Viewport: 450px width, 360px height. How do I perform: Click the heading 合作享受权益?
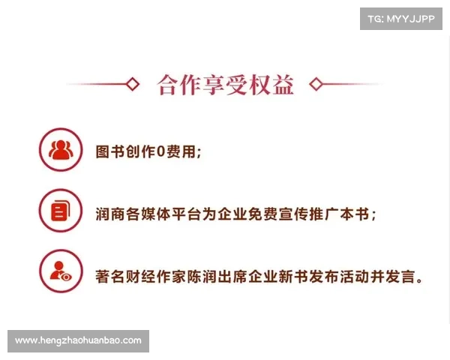click(225, 84)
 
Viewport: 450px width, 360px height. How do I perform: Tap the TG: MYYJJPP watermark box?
click(401, 18)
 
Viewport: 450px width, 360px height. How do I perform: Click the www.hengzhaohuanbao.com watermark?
click(78, 340)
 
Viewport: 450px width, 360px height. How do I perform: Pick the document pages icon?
click(60, 211)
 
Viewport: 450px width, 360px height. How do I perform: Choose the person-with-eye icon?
click(60, 271)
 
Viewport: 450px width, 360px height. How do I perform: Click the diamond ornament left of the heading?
click(133, 84)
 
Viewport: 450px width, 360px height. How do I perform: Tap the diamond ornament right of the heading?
click(316, 84)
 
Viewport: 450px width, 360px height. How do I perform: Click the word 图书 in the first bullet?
click(111, 151)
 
